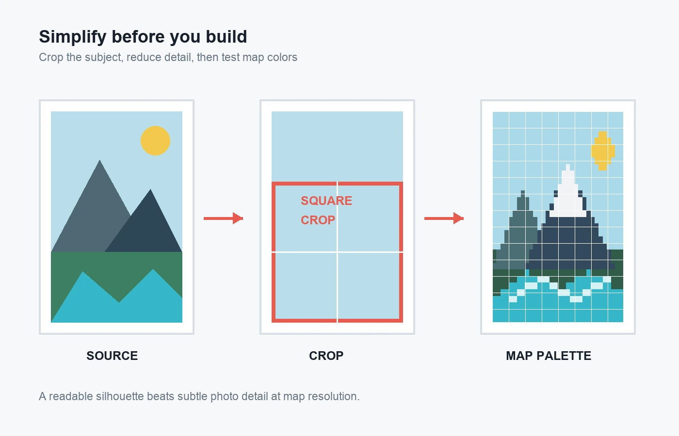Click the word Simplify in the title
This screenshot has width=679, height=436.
tap(73, 37)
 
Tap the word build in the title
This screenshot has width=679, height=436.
tap(226, 36)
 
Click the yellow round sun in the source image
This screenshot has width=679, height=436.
tap(156, 141)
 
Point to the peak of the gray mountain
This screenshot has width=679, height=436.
tap(99, 160)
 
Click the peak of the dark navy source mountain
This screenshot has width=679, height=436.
tap(150, 189)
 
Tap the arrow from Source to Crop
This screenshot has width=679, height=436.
tap(224, 218)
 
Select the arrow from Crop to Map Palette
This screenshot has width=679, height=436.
tap(444, 218)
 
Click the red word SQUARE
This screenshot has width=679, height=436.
tap(326, 201)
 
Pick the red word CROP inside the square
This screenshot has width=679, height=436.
tap(318, 220)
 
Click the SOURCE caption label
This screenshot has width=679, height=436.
tap(112, 356)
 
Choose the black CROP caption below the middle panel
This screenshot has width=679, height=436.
tap(326, 356)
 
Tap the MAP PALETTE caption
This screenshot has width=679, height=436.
tap(549, 356)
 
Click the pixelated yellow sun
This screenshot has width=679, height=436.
tap(603, 151)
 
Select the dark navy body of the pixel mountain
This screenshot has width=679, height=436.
tap(570, 242)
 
